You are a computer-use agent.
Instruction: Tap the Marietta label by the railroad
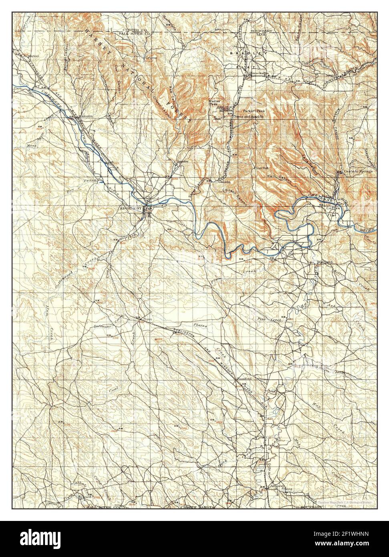(x=86, y=116)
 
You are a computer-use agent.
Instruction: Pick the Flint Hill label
(x=261, y=169)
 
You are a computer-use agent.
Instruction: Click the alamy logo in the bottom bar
(x=36, y=539)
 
